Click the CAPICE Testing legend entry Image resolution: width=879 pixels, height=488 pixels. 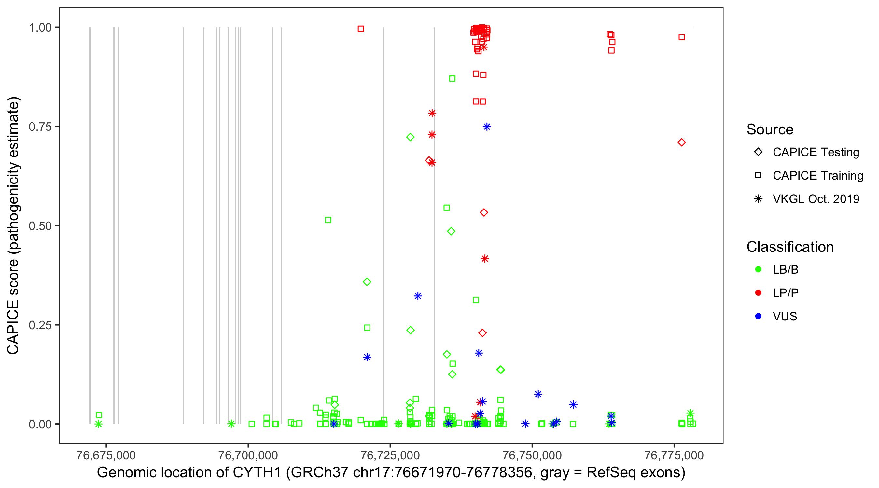(x=816, y=152)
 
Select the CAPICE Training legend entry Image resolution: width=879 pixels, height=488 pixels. (x=817, y=176)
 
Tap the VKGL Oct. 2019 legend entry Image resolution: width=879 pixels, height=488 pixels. (x=816, y=199)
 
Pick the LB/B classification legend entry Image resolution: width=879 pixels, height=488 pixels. (x=785, y=269)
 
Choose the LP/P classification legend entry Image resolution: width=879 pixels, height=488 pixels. (x=785, y=293)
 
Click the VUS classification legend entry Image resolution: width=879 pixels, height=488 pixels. (x=785, y=317)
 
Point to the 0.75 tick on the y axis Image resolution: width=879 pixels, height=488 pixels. (x=40, y=127)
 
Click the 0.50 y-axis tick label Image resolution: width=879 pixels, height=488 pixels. (x=40, y=226)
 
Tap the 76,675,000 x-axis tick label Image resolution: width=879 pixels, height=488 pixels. (x=106, y=455)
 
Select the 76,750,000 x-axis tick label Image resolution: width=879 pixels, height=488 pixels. (x=532, y=455)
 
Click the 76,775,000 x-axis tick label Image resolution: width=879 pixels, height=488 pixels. (x=674, y=455)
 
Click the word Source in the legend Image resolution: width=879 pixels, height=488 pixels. (x=770, y=129)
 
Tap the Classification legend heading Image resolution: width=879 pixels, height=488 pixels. (x=790, y=247)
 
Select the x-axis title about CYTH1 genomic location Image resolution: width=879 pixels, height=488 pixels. (x=391, y=473)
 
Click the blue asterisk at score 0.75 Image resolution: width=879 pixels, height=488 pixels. (x=487, y=127)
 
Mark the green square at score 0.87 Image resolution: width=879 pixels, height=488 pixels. (x=452, y=79)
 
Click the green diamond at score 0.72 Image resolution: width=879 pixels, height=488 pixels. (x=410, y=137)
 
